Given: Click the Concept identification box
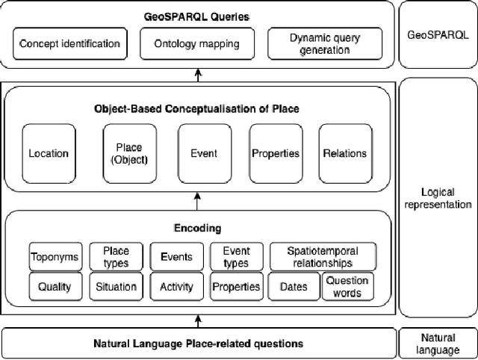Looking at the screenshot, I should pyautogui.click(x=69, y=43).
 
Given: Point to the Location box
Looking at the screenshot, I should pyautogui.click(x=49, y=153).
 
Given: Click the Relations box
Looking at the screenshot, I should pyautogui.click(x=344, y=153).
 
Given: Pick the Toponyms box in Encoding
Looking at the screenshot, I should pyautogui.click(x=55, y=257).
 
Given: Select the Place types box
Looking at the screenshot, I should pyautogui.click(x=115, y=257).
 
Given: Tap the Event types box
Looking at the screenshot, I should pyautogui.click(x=236, y=257).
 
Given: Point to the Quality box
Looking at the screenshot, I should pyautogui.click(x=55, y=286).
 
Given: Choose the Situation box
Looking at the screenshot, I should pyautogui.click(x=116, y=286).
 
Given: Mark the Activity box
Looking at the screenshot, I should pyautogui.click(x=176, y=286).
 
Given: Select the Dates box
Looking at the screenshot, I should pyautogui.click(x=294, y=286).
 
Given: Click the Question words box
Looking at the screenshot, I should pyautogui.click(x=347, y=286).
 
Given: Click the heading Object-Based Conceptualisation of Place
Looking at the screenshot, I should pyautogui.click(x=197, y=109).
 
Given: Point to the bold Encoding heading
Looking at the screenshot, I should pyautogui.click(x=198, y=228).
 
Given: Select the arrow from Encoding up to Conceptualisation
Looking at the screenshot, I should pyautogui.click(x=197, y=201).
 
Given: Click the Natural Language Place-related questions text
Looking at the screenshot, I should pyautogui.click(x=198, y=344).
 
